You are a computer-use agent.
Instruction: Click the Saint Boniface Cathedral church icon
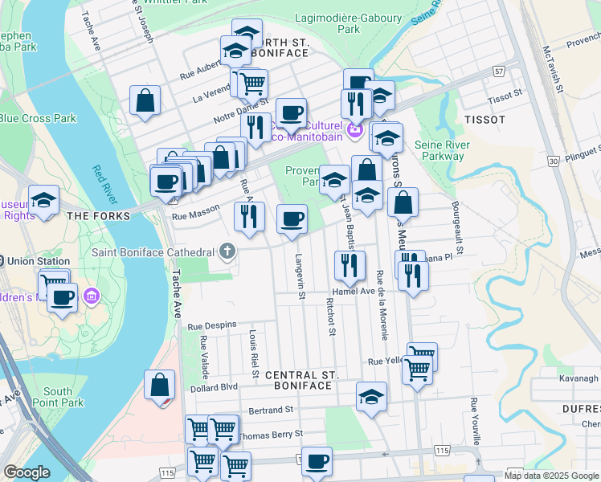tap(227, 252)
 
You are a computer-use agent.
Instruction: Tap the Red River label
tap(104, 184)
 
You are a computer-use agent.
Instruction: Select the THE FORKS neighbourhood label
tap(99, 216)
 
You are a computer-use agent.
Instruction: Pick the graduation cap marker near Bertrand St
tap(371, 396)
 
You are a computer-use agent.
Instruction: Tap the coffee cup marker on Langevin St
tap(292, 218)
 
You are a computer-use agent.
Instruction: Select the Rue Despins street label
tap(212, 325)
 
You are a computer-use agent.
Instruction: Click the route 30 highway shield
tap(554, 161)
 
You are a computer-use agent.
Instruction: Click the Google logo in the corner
tap(27, 472)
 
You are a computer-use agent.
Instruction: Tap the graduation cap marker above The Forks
tap(44, 199)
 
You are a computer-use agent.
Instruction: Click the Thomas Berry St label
tap(270, 434)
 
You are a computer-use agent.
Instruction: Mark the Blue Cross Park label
tap(38, 118)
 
